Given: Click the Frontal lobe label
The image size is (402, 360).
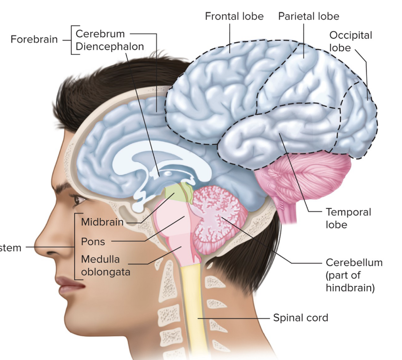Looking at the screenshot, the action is click(x=234, y=17).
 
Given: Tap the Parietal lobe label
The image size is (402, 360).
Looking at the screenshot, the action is click(x=308, y=17).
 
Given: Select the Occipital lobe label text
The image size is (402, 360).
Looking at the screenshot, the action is click(x=350, y=41).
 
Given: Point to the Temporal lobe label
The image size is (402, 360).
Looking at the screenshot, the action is click(x=348, y=218).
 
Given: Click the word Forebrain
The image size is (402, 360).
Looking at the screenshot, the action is click(x=34, y=40).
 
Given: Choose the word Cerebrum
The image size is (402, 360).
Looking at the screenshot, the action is click(x=100, y=34).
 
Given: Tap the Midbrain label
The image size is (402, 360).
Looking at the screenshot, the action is click(x=102, y=222).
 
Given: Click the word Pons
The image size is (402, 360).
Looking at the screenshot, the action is click(x=93, y=241).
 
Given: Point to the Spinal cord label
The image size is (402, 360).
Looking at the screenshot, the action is click(x=300, y=317).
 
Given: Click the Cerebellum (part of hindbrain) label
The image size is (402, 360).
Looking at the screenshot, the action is click(x=354, y=274).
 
